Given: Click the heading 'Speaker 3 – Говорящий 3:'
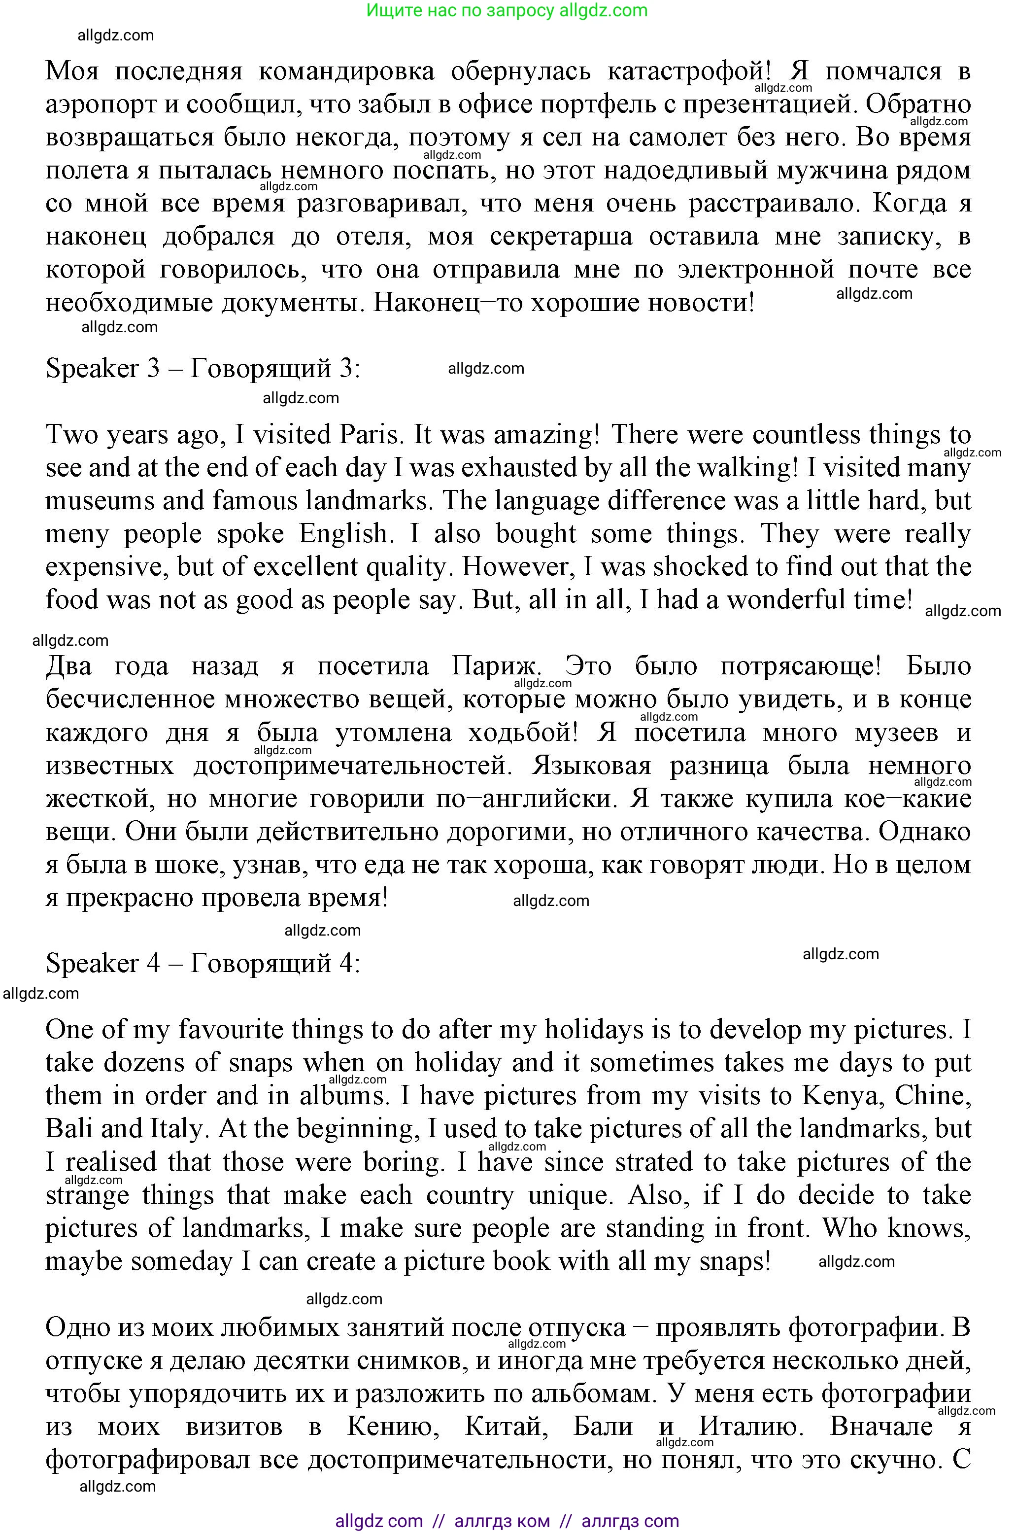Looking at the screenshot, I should point(203,368).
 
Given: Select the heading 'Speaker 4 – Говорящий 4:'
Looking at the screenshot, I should point(203,964).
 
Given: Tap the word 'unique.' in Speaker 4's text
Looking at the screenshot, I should point(570,1195).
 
